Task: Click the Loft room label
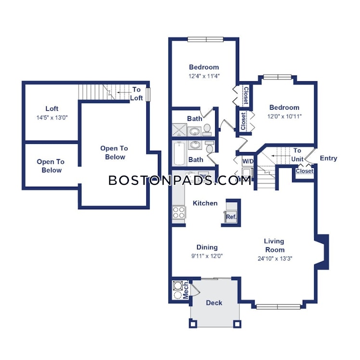(x=52, y=108)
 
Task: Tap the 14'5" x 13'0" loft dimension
(x=52, y=118)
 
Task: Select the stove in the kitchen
(x=179, y=212)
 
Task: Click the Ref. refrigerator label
(x=231, y=217)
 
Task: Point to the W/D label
(x=248, y=161)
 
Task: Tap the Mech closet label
(x=186, y=290)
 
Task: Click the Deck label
(x=214, y=303)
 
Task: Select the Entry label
(x=329, y=158)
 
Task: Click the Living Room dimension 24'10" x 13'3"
(x=275, y=259)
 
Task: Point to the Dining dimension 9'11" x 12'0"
(x=207, y=256)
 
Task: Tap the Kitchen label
(x=205, y=203)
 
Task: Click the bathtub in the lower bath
(x=179, y=154)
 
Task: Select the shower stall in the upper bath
(x=180, y=130)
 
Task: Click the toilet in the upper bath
(x=207, y=130)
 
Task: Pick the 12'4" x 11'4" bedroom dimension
(x=204, y=76)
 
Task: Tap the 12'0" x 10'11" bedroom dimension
(x=284, y=116)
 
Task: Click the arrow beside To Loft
(x=123, y=92)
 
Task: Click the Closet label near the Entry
(x=305, y=171)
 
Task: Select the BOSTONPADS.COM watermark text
(x=180, y=180)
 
